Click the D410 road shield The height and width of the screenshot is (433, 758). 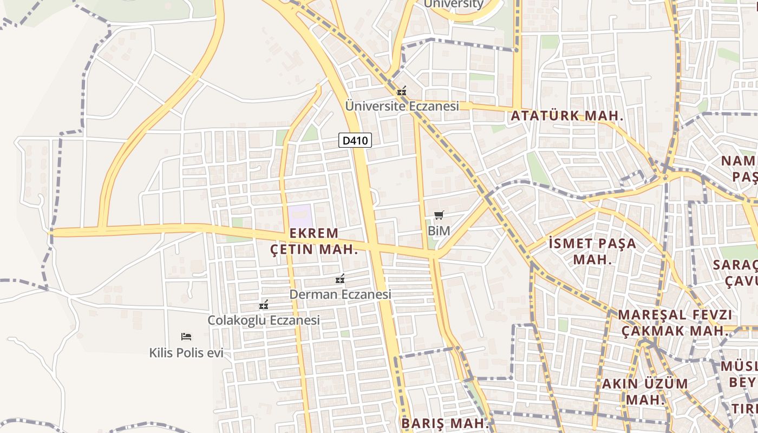point(356,141)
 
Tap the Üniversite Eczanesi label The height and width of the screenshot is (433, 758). point(402,106)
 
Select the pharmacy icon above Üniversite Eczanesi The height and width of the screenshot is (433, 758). point(401,91)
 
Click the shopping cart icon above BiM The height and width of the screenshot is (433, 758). point(439,215)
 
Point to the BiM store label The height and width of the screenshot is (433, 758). point(439,231)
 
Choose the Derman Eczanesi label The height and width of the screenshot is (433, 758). point(340,294)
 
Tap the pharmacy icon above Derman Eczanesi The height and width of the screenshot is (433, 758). point(340,279)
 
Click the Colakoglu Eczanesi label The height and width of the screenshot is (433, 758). point(264,320)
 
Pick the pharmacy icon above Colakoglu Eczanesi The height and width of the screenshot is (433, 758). point(264,305)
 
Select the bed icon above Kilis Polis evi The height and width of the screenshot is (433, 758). point(186,337)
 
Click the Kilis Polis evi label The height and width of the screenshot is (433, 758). point(186,353)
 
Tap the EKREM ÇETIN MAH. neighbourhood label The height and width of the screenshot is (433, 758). point(314,241)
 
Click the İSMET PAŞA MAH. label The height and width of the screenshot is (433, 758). point(592,251)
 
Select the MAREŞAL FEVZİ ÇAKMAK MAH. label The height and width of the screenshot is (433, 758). point(675,323)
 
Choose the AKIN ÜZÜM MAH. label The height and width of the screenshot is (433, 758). point(645,391)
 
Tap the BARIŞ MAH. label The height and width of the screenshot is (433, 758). point(445,423)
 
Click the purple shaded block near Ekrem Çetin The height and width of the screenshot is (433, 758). point(300,216)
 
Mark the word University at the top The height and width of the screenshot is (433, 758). point(453,4)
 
